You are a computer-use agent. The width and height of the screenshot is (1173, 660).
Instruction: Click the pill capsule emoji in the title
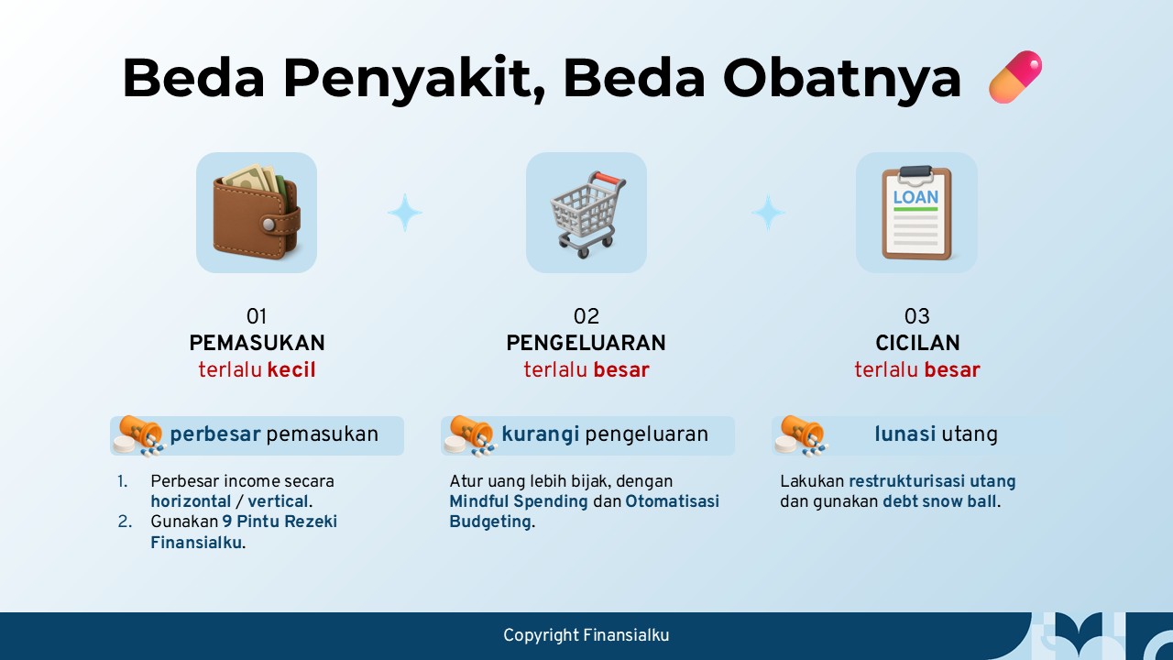1014,76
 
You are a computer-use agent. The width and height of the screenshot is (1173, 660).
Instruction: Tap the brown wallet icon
257,212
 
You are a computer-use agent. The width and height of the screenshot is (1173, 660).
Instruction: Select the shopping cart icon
587,214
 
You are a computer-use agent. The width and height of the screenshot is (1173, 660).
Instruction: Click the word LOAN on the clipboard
915,197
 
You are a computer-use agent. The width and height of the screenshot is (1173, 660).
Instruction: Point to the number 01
257,316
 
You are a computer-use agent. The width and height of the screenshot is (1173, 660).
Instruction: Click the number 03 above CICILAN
917,316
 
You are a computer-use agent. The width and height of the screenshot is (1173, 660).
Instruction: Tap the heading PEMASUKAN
258,343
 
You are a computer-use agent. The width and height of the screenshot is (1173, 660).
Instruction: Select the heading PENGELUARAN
586,343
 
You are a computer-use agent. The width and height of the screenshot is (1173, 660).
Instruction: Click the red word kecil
291,369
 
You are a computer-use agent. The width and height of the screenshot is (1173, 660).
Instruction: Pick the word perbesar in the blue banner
215,434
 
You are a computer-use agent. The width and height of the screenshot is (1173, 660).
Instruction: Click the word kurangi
541,434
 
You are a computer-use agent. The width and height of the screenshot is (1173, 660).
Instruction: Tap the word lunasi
904,434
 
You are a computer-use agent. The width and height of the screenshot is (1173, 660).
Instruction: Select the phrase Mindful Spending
519,501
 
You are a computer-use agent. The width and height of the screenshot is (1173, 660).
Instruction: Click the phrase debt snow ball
939,501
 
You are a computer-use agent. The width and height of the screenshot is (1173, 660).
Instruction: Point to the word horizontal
191,501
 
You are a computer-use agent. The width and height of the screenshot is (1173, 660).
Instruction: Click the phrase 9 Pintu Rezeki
280,522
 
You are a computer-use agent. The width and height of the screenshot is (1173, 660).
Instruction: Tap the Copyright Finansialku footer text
586,635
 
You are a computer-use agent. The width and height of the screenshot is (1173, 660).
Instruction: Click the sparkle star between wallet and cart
405,213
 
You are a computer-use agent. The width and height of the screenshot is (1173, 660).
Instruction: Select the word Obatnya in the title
841,78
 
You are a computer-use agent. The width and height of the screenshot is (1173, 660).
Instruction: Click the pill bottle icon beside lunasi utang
801,435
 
